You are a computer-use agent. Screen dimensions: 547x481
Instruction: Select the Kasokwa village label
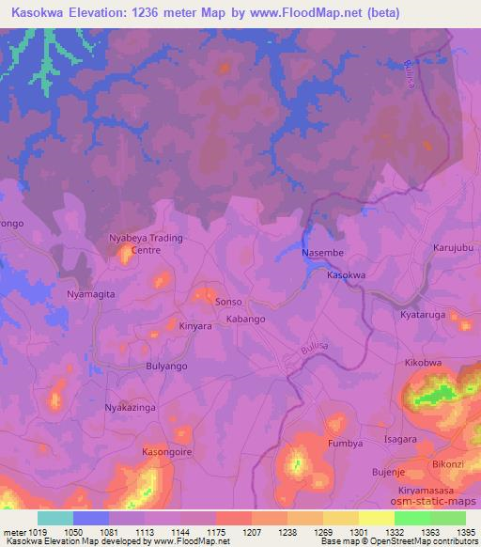coord(346,275)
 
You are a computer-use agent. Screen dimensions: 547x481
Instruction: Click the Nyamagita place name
coord(91,294)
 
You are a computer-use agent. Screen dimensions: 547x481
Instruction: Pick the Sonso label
coord(229,302)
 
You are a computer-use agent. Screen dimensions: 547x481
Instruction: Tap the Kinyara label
coord(195,326)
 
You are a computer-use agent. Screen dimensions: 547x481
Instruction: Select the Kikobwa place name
coord(423,362)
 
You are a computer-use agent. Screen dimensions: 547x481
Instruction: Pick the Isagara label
coord(400,439)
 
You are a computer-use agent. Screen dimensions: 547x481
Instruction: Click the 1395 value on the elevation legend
coord(466,532)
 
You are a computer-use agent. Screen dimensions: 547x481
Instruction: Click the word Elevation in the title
coord(103,13)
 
